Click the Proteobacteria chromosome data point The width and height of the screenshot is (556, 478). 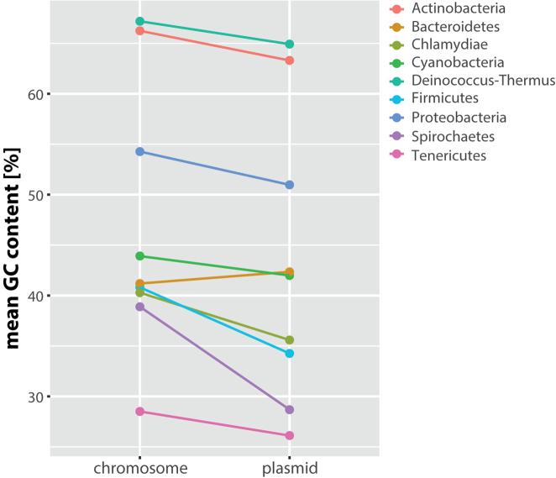pyautogui.click(x=140, y=151)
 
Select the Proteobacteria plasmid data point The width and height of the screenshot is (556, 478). pyautogui.click(x=290, y=185)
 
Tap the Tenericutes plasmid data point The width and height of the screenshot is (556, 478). pyautogui.click(x=290, y=435)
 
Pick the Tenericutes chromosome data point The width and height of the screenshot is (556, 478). pyautogui.click(x=140, y=412)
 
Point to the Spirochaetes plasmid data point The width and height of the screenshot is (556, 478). pyautogui.click(x=290, y=409)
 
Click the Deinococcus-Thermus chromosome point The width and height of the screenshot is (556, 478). pyautogui.click(x=140, y=21)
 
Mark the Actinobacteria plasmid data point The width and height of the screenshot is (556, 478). pyautogui.click(x=290, y=60)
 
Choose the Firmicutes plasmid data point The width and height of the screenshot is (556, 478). pyautogui.click(x=290, y=353)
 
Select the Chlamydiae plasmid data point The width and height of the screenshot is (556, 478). pyautogui.click(x=290, y=340)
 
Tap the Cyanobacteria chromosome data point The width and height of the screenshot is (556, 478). pyautogui.click(x=140, y=256)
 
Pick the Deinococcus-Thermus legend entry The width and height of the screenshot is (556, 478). pyautogui.click(x=483, y=81)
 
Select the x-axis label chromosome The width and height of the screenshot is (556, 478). pyautogui.click(x=140, y=468)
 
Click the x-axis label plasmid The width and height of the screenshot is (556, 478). pyautogui.click(x=290, y=468)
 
